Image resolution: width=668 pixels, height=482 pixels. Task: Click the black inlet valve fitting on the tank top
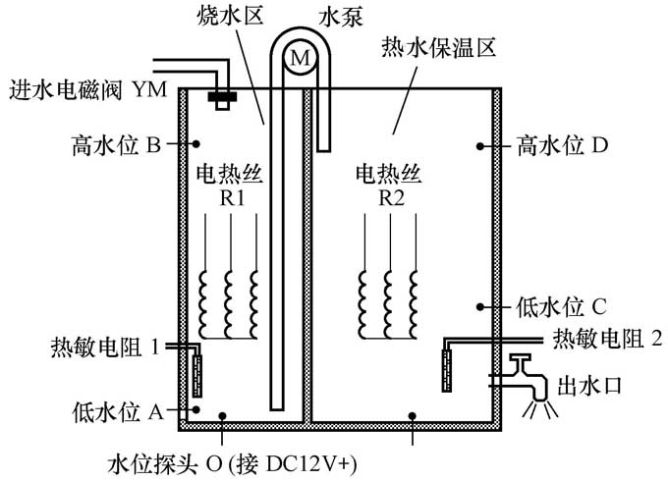click(x=225, y=97)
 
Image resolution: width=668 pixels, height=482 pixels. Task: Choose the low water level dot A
click(x=197, y=408)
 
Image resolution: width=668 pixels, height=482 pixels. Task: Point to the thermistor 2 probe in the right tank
click(x=449, y=364)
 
